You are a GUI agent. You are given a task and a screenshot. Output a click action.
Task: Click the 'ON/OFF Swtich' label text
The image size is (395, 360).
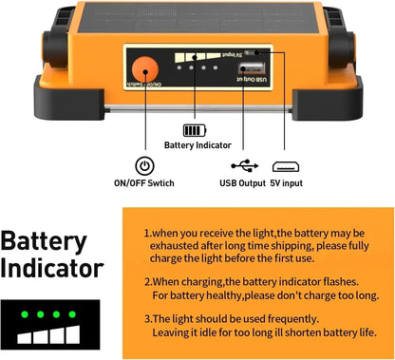point(144,182)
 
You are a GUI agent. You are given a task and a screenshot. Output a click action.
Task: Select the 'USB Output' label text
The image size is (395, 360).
point(242,182)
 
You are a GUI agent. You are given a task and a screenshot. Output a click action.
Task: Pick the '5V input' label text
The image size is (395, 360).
point(286,182)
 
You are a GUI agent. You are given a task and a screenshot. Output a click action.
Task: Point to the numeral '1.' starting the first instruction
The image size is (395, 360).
point(148,233)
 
